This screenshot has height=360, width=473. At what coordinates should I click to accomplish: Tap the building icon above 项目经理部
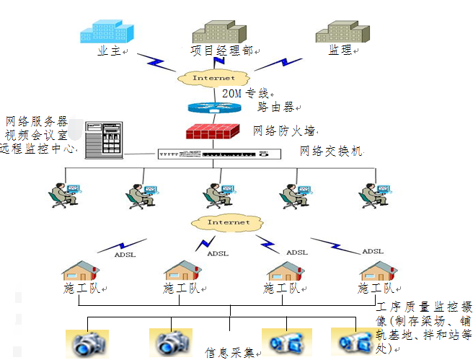coord(219,29)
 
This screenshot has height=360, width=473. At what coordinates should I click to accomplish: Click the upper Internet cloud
coord(213,77)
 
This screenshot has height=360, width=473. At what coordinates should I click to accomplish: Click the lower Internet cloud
coord(229,222)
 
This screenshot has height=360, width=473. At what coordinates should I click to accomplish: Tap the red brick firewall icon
coord(213,133)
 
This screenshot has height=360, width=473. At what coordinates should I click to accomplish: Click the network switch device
coord(217,154)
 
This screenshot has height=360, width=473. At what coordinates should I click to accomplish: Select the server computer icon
coord(103,139)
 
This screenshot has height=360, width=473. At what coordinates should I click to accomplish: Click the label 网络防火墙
coord(283,131)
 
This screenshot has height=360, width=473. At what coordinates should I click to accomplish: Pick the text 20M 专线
coord(245,94)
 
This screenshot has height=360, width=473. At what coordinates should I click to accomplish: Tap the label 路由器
coord(275,107)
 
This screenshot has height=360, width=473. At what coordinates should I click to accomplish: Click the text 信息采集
coord(229,353)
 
